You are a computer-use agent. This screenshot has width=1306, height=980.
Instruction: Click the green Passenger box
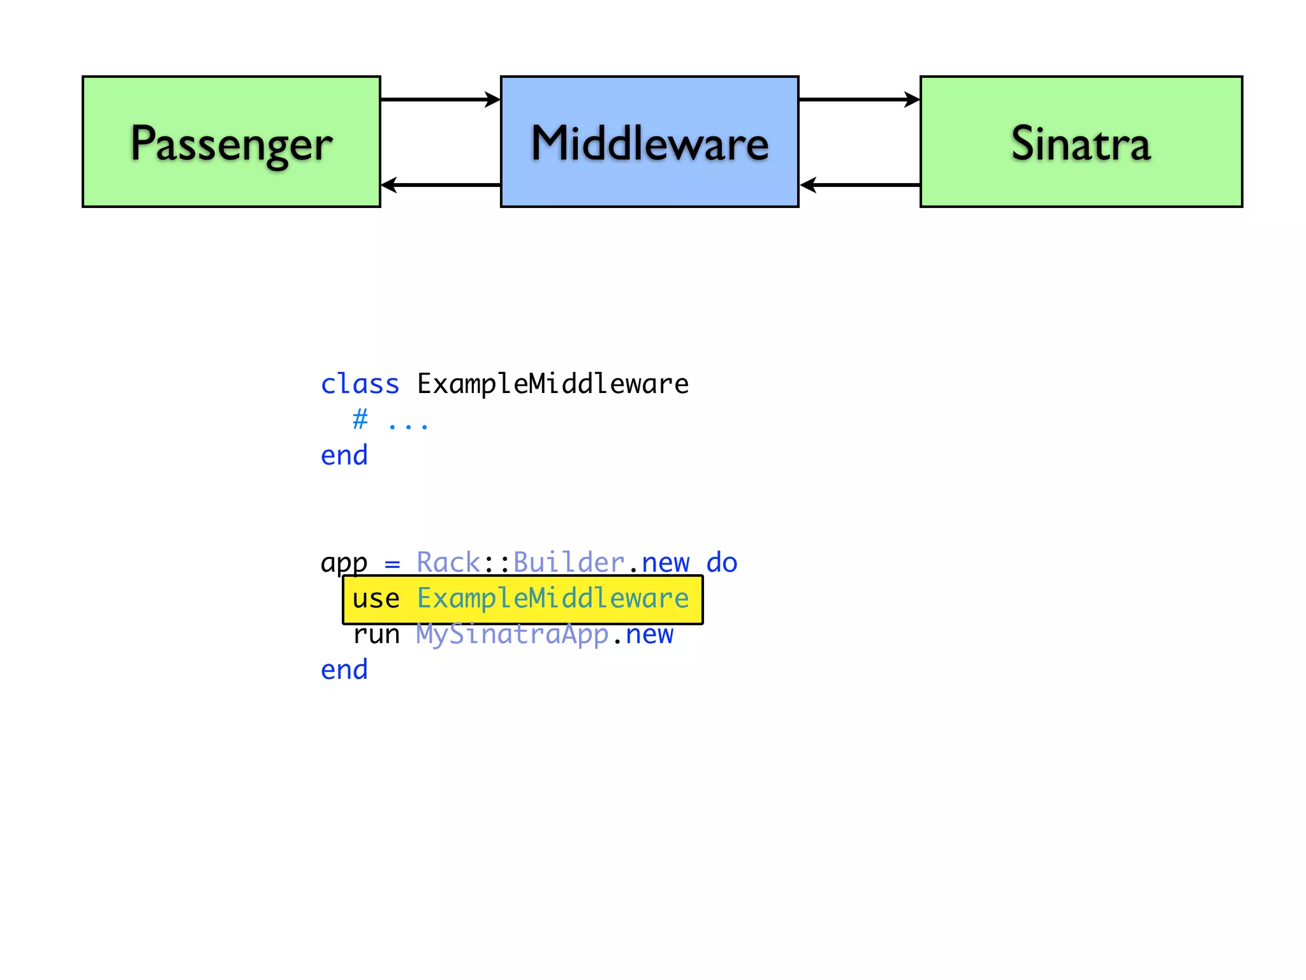point(231,142)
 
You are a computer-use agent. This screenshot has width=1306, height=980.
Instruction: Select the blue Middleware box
point(649,142)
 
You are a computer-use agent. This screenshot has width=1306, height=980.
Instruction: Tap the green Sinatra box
point(1081,142)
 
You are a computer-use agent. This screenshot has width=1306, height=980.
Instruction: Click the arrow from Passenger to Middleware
point(440,100)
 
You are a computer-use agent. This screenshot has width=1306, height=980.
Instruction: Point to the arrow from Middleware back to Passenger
point(440,185)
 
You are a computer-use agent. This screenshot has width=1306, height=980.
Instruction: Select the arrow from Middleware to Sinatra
point(859,100)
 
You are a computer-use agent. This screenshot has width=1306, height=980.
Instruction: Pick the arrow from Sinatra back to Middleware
point(859,185)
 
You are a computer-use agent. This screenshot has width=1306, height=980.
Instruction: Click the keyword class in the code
point(360,384)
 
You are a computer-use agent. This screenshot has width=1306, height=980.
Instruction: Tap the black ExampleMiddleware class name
point(553,384)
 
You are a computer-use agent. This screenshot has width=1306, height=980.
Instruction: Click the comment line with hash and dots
point(390,420)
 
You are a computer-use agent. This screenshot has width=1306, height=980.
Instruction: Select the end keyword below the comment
point(344,456)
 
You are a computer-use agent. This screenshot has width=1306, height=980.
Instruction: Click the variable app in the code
point(344,563)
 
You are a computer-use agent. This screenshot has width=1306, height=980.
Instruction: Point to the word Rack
point(448,563)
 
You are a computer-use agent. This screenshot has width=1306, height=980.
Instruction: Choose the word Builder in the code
point(569,563)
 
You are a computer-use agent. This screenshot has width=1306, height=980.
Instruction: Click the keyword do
point(722,563)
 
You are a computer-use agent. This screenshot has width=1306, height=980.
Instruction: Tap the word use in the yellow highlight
point(376,598)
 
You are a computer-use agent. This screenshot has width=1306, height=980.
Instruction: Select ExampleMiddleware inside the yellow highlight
point(553,598)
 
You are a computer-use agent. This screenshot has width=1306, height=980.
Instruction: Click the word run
point(376,634)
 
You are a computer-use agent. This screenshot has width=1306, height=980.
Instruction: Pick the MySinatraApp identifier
point(513,634)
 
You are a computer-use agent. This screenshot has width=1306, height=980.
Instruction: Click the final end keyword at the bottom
point(344,670)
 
